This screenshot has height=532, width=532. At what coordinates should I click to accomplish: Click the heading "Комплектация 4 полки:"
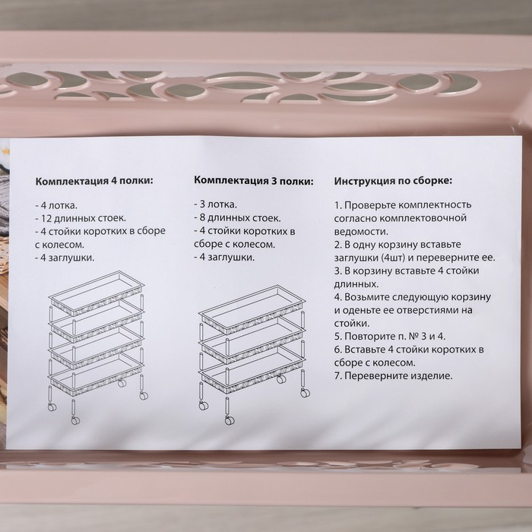(x=93, y=182)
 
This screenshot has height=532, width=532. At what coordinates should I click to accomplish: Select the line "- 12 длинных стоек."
(x=78, y=218)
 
